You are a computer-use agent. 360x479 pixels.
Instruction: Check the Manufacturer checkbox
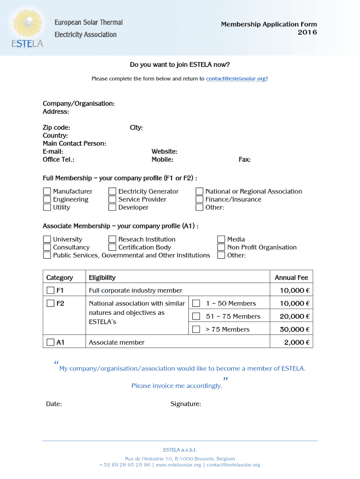(x=47, y=191)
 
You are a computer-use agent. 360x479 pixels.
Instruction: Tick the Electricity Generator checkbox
(x=112, y=191)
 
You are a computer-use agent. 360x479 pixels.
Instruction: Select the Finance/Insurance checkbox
(x=200, y=199)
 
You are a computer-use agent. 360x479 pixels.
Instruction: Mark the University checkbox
(x=47, y=239)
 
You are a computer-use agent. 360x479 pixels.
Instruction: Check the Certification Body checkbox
(x=112, y=247)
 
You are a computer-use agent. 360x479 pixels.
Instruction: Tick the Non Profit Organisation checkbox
(x=222, y=247)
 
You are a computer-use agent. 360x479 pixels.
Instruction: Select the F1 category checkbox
(x=50, y=290)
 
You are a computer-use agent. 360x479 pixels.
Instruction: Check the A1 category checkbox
(x=50, y=342)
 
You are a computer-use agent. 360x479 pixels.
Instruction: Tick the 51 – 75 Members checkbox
(x=196, y=316)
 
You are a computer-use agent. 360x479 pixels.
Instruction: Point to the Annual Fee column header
(x=291, y=277)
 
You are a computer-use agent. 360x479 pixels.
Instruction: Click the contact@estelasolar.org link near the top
(x=236, y=79)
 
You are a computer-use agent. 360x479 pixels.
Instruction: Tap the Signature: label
(x=186, y=404)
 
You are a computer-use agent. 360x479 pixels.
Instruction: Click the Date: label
(x=54, y=404)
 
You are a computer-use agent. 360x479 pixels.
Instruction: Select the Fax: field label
(x=245, y=160)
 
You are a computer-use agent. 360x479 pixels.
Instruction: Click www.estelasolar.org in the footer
(x=178, y=465)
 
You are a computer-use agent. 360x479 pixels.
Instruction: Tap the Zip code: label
(x=57, y=128)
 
